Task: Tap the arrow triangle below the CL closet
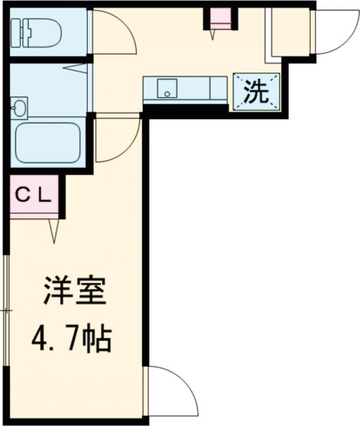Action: [53, 231]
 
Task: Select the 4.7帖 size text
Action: [71, 340]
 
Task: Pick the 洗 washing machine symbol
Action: [256, 91]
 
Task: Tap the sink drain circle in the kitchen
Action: [167, 94]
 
